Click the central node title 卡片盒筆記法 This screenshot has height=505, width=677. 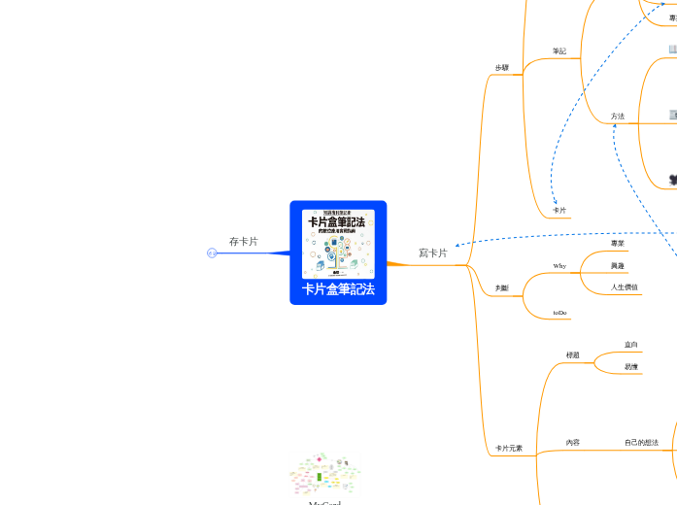point(338,289)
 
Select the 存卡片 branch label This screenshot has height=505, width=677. point(244,241)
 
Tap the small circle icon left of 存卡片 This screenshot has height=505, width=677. point(212,253)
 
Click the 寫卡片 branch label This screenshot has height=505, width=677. point(433,253)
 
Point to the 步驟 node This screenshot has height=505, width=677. point(502,68)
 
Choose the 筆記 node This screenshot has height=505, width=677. point(559,51)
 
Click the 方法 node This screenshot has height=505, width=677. point(618,117)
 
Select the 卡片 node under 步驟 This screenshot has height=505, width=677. point(559,211)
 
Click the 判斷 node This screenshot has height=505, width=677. point(502,288)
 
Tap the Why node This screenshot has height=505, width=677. point(559,265)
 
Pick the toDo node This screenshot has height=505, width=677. point(560,313)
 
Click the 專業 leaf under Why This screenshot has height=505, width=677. point(618,244)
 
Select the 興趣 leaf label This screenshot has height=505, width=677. point(618,266)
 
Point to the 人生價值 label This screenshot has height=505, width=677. point(626,287)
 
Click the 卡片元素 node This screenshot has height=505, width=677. point(509,449)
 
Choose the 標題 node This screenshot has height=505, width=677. point(573,355)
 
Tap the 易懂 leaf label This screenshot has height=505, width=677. point(631,367)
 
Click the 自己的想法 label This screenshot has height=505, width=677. point(641,443)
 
